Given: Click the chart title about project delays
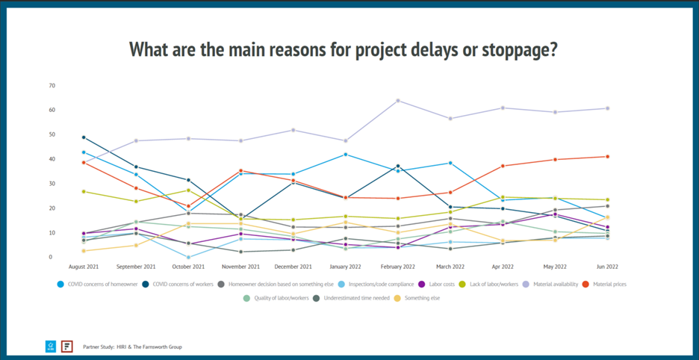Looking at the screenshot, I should (344, 50).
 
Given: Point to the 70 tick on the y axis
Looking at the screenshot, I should (52, 86).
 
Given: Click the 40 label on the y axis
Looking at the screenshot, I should (52, 159).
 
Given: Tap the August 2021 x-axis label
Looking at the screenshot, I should (84, 267).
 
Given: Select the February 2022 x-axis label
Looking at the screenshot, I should (397, 267).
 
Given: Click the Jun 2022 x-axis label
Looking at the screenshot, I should (608, 267).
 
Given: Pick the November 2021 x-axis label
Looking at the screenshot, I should (240, 267).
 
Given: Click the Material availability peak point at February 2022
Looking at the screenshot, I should (397, 100).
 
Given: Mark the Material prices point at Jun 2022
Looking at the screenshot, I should (608, 156).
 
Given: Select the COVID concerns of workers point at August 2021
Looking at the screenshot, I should (84, 137).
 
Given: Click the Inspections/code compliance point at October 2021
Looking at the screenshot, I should (188, 257).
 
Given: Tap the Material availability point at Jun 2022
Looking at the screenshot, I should (608, 108).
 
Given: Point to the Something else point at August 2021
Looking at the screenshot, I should (84, 251).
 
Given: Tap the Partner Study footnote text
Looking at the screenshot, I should (131, 347).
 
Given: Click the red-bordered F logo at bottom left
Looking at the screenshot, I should (67, 346).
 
